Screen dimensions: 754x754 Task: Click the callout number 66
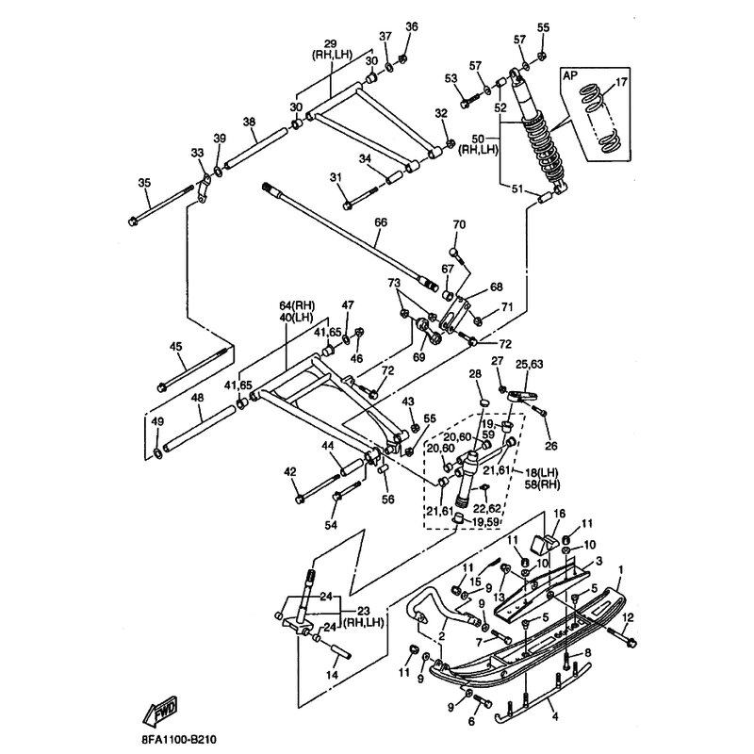(x=380, y=222)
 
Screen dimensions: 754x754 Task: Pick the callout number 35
(x=144, y=183)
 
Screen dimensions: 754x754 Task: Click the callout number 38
(x=249, y=122)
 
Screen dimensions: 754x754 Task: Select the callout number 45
(x=175, y=347)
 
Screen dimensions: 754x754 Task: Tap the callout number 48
(x=196, y=399)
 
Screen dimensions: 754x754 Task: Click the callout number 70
(x=459, y=224)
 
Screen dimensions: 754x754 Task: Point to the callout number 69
(x=420, y=357)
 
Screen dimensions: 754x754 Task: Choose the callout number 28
(x=475, y=375)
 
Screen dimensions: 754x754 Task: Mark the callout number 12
(x=629, y=617)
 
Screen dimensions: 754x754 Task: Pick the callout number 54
(x=329, y=524)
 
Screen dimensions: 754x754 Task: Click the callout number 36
(x=411, y=26)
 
